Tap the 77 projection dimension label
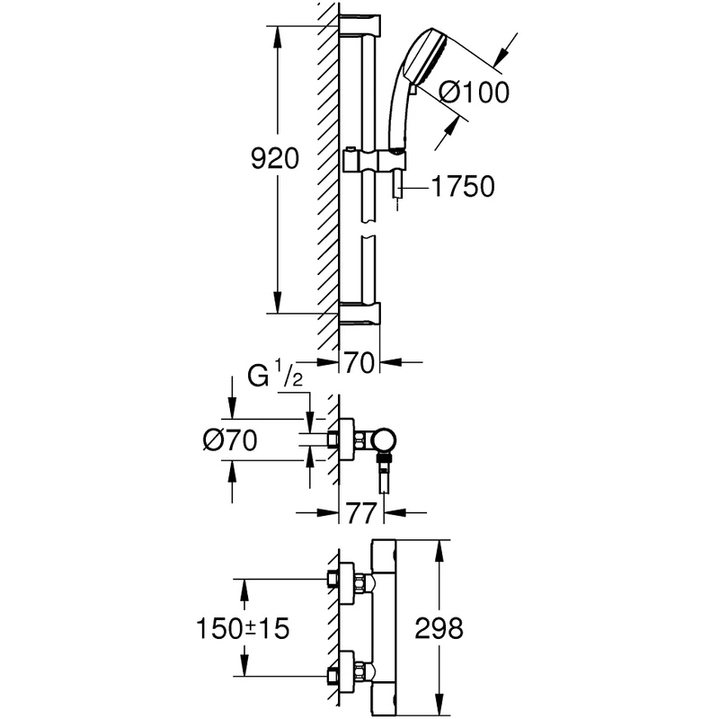tap(359, 514)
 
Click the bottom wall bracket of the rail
tap(359, 314)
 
